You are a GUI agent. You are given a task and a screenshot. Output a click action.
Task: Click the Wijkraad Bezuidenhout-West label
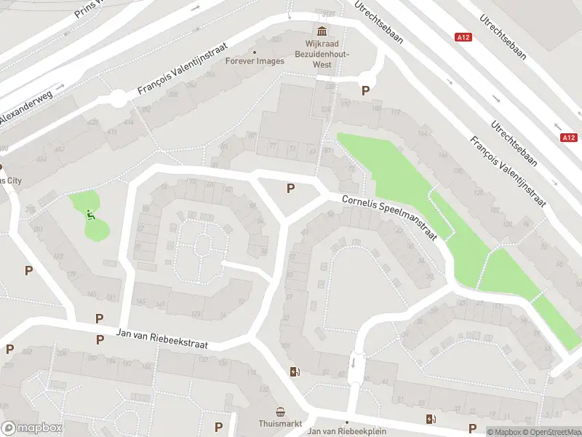coord(322,54)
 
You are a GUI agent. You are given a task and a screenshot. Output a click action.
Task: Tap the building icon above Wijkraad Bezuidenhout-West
coord(322,31)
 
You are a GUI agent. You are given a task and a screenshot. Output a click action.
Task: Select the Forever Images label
coord(255,61)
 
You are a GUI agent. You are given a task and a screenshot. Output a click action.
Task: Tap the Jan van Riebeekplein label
coord(346,431)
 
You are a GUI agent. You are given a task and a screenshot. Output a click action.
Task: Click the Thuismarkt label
coord(280,423)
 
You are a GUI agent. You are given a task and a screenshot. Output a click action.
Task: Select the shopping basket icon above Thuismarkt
coord(280,412)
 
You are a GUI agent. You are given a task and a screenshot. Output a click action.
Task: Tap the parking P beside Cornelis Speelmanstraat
coord(290,189)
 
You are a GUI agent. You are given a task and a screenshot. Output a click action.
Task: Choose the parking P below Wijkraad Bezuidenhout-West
coord(365,91)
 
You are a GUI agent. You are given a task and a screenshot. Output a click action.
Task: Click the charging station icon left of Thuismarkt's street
coord(295,372)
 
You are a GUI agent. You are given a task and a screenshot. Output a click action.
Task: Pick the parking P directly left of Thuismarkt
coord(218,427)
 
